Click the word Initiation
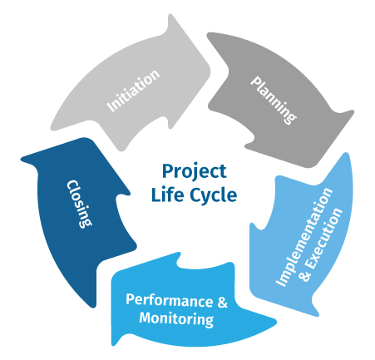pos(133,91)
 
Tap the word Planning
pos(274,100)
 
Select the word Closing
pos(79,204)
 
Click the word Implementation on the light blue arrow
pos(304,237)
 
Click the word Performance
pos(170,300)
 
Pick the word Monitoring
pos(176,319)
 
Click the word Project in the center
pos(194,172)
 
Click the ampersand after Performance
pos(222,301)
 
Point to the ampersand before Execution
pos(305,275)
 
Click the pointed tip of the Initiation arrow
pos(210,66)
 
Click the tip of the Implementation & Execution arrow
pos(318,315)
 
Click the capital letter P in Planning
pos(255,82)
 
